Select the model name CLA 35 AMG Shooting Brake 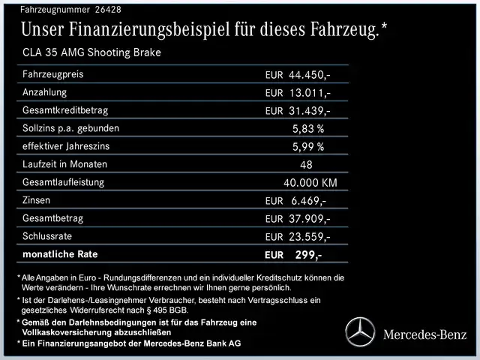(x=92, y=52)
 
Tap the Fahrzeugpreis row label (x=53, y=75)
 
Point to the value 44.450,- (x=310, y=76)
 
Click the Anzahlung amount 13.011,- (x=310, y=93)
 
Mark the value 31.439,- (x=310, y=111)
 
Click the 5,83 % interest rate (x=308, y=129)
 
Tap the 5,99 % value (x=308, y=147)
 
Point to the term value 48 (x=306, y=165)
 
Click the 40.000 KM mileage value (x=310, y=183)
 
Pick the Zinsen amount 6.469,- (x=308, y=201)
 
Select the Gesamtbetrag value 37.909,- (x=310, y=219)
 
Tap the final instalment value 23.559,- (x=310, y=237)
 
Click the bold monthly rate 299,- (x=308, y=255)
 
